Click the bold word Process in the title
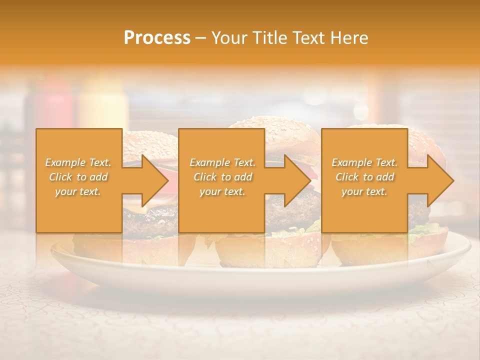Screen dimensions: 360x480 [157, 38]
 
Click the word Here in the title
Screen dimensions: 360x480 [349, 38]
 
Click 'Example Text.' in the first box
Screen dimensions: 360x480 [78, 162]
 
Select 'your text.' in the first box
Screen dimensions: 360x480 [78, 191]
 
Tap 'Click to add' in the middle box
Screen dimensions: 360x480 [222, 177]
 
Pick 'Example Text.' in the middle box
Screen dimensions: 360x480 [222, 162]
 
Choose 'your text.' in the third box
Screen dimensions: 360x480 [364, 191]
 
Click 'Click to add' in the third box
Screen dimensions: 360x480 [364, 177]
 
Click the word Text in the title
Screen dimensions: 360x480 [313, 38]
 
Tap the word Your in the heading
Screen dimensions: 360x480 [228, 38]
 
